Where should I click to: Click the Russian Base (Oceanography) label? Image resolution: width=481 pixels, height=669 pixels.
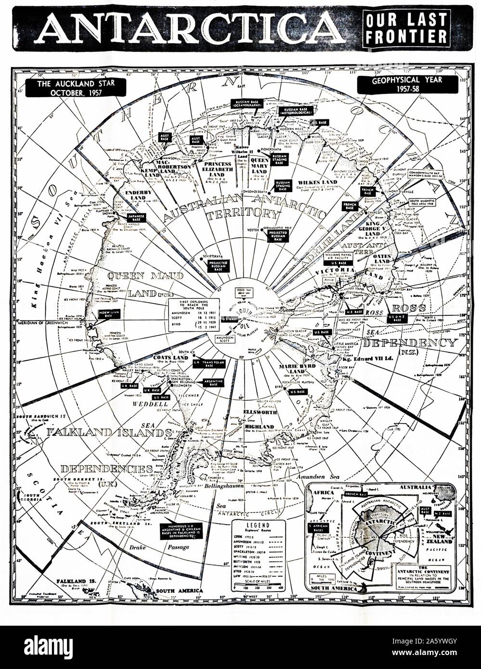click(246, 104)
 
